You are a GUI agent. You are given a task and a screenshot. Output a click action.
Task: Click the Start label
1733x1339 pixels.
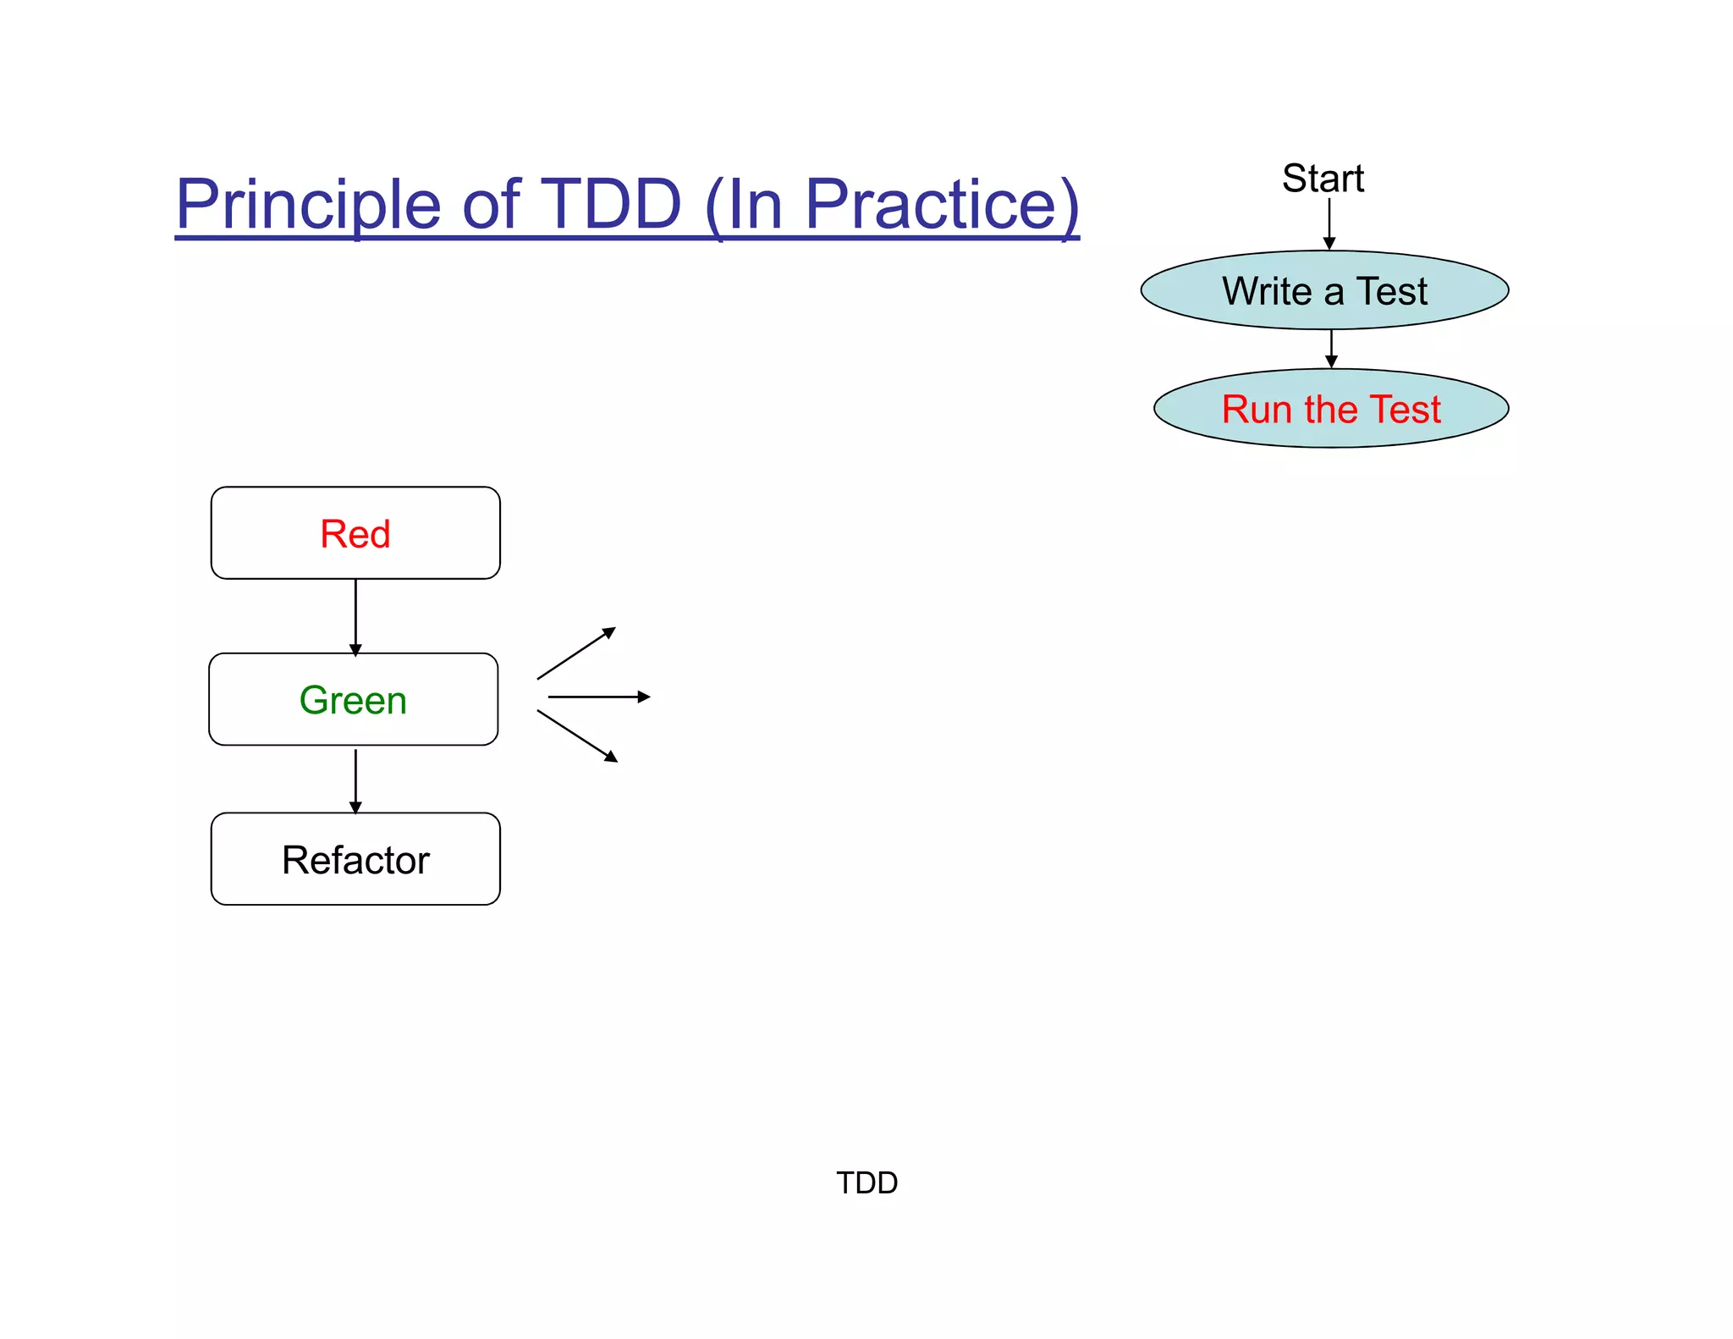pos(1323,179)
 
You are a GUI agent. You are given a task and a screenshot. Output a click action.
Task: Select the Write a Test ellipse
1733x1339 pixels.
pos(1324,290)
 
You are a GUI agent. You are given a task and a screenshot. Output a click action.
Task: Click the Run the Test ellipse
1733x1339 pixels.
pos(1330,409)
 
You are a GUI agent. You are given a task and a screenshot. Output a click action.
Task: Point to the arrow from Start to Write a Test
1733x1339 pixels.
pos(1329,223)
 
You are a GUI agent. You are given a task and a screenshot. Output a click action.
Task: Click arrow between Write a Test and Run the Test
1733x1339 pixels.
pos(1331,348)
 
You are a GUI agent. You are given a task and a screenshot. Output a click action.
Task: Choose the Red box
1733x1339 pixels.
pos(355,533)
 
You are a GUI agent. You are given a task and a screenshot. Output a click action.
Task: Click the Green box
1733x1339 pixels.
pos(354,699)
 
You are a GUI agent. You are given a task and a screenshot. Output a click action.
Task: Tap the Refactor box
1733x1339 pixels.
pos(355,859)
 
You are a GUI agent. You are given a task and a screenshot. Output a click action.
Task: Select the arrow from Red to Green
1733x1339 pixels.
pos(355,616)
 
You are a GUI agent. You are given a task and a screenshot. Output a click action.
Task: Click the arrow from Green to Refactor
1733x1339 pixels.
pos(355,780)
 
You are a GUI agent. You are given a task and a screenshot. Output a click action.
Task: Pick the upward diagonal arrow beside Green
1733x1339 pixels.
pos(575,653)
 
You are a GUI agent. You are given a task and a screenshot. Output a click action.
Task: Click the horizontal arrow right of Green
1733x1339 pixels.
pos(598,697)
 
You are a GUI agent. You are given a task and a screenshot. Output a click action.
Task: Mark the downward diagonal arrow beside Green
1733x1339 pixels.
pos(576,736)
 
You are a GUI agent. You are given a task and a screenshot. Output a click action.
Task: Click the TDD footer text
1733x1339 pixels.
pos(866,1182)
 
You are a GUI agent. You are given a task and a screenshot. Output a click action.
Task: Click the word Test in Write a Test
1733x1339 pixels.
pos(1392,291)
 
